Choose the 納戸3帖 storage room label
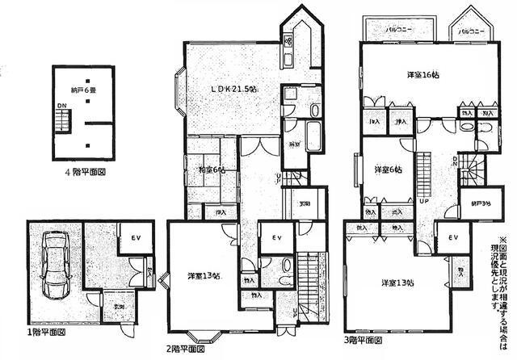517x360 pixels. pos(472,203)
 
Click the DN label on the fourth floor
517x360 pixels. pos(61,106)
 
